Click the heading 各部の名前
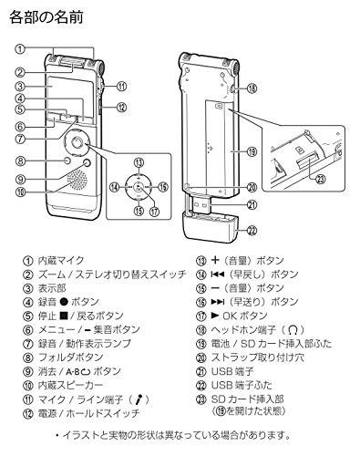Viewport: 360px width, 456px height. tap(46, 17)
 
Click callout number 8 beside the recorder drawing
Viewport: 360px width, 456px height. tap(20, 161)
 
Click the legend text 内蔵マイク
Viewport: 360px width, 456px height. tap(61, 261)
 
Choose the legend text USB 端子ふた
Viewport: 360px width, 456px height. tap(242, 385)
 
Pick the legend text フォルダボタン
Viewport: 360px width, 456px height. tap(70, 358)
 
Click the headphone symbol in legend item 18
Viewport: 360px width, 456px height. tap(293, 329)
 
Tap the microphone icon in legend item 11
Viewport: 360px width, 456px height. tap(139, 399)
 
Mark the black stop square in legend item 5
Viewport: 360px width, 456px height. tap(64, 316)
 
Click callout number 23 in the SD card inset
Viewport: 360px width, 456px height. tap(320, 180)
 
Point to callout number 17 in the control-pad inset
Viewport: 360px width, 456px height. tap(155, 212)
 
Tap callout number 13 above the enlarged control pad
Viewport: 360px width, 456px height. tap(139, 162)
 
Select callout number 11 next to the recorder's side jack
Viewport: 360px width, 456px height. tap(121, 87)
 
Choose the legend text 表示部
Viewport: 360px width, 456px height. tap(52, 288)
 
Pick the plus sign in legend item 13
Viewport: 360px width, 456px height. tap(215, 260)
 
